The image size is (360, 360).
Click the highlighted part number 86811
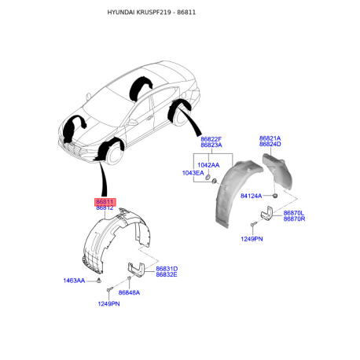[x=105, y=202]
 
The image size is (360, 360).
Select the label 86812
[x=105, y=208]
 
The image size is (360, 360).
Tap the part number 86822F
[x=211, y=139]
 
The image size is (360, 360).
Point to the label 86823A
[x=211, y=145]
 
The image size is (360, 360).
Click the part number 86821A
[x=270, y=138]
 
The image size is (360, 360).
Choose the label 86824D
[x=270, y=144]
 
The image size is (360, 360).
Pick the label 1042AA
[x=208, y=165]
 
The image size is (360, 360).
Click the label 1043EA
[x=193, y=173]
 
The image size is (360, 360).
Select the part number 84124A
[x=251, y=196]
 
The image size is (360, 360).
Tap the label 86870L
[x=294, y=213]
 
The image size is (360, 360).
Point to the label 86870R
[x=294, y=219]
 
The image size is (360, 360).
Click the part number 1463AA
[x=74, y=281]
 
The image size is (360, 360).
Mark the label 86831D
[x=167, y=269]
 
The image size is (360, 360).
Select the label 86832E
[x=167, y=274]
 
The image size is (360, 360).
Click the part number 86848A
[x=129, y=292]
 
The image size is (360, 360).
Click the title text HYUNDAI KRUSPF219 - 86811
[x=152, y=13]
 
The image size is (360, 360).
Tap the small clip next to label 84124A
[x=275, y=196]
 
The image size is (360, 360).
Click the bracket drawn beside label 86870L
[x=266, y=212]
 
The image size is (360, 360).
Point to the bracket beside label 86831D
[x=136, y=270]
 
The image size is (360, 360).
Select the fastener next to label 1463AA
[x=99, y=280]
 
